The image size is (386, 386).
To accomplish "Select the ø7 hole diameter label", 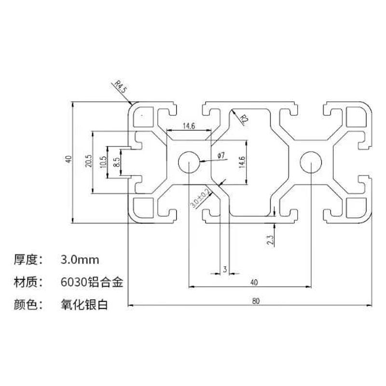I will click(x=221, y=155).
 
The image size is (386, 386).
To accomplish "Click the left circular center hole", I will click(x=189, y=162).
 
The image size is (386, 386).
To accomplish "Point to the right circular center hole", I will click(x=310, y=162).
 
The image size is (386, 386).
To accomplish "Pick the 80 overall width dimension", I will click(x=255, y=301).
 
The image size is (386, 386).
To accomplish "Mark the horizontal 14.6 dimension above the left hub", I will click(x=188, y=126).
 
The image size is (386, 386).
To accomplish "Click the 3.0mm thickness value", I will click(x=80, y=260).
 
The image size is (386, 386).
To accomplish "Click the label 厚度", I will click(x=26, y=260).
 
